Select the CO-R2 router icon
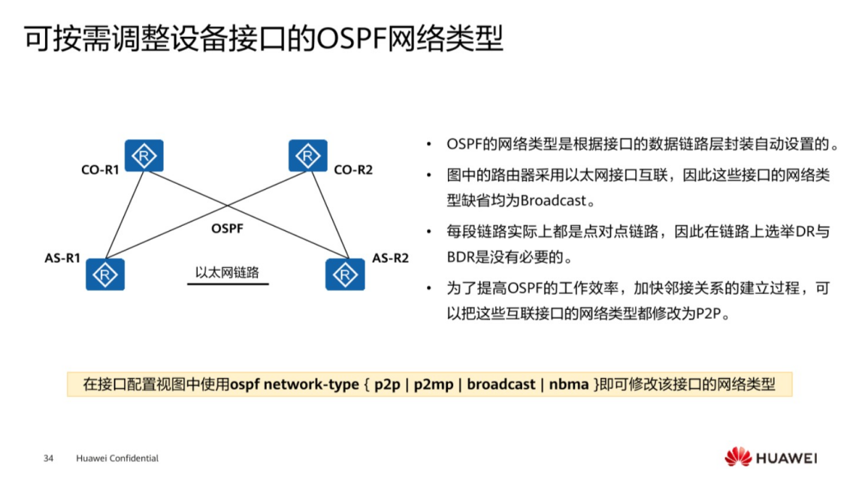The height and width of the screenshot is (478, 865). pyautogui.click(x=308, y=156)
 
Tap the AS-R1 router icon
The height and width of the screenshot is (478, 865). pyautogui.click(x=105, y=274)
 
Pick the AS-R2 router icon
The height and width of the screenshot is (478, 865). pyautogui.click(x=345, y=274)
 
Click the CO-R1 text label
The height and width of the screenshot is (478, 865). pyautogui.click(x=100, y=170)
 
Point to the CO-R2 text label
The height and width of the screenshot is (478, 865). pyautogui.click(x=353, y=170)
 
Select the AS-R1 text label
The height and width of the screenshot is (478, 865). pyautogui.click(x=62, y=258)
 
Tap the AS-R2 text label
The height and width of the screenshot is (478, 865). pyautogui.click(x=391, y=258)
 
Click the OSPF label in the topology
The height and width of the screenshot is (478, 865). pyautogui.click(x=227, y=228)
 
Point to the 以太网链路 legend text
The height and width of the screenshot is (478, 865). pyautogui.click(x=227, y=272)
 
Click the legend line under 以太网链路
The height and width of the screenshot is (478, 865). pyautogui.click(x=227, y=284)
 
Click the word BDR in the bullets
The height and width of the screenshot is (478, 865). pyautogui.click(x=460, y=257)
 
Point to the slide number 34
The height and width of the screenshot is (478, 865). pyautogui.click(x=49, y=458)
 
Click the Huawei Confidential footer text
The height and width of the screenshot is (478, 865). pyautogui.click(x=117, y=458)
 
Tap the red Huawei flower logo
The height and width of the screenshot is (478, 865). pyautogui.click(x=737, y=456)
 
